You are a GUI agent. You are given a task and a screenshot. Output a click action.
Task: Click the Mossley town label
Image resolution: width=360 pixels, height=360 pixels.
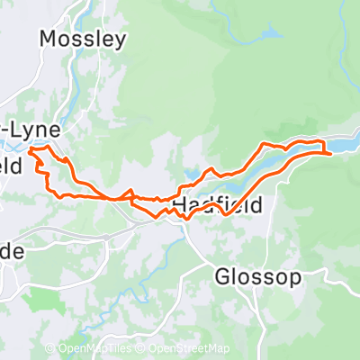click(x=83, y=40)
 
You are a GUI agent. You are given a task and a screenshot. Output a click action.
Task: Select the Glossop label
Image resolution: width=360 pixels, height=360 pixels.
click(x=257, y=276)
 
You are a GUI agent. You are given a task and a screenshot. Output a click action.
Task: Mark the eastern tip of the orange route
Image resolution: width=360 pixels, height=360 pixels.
click(x=331, y=154)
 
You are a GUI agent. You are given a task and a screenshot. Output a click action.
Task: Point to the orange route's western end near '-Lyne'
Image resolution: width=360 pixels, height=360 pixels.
click(x=31, y=151)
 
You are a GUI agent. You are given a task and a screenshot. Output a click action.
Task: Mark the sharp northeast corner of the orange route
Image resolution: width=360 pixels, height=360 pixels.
click(x=321, y=142)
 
